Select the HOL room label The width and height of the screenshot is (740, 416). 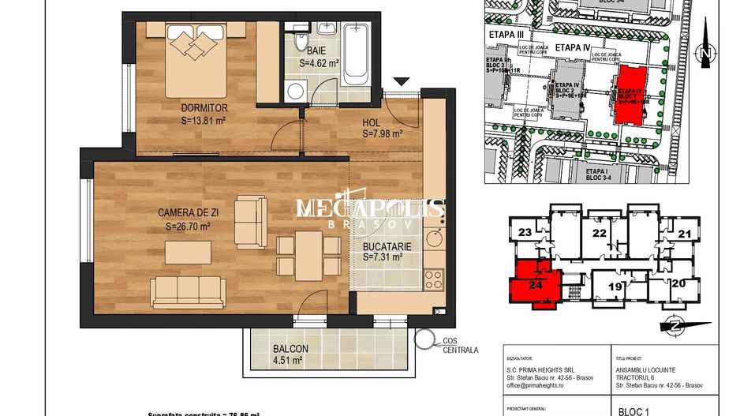tap(372, 122)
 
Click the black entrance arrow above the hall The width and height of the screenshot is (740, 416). tap(402, 81)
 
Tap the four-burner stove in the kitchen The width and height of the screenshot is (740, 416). tap(434, 279)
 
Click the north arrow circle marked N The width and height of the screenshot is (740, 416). tap(706, 54)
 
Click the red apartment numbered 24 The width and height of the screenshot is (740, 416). tap(536, 284)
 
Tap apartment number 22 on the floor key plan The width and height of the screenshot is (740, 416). tap(600, 233)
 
